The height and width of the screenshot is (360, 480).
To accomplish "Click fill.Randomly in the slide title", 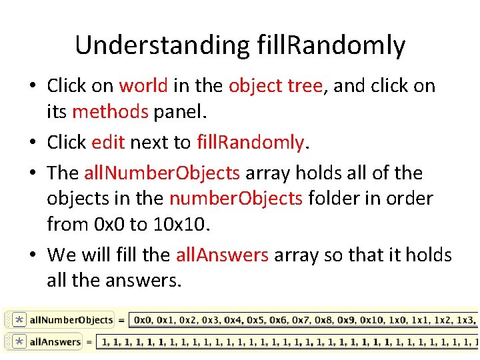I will pos(331,45).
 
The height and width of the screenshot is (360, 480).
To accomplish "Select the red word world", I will pos(143,86).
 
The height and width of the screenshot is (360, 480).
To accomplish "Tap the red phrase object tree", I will pos(275,86).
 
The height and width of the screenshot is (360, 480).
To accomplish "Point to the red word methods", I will pos(110,111).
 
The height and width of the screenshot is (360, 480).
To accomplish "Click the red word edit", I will pos(109,142).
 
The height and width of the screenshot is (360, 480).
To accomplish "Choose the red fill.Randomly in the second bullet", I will pos(251,142).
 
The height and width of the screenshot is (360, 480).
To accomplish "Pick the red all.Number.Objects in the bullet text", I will pos(161,173).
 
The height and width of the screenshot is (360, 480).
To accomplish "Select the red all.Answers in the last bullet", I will pos(222,255).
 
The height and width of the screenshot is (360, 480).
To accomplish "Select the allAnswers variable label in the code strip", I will pos(55,342).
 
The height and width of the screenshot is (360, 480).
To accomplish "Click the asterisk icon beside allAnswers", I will pos(19,342).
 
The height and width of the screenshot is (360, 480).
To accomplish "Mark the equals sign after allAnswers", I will pos(89,342).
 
